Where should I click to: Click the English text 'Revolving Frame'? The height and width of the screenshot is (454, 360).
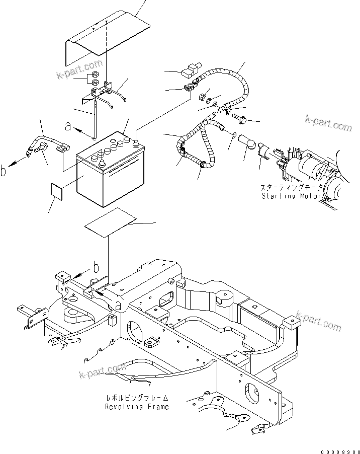click(137, 406)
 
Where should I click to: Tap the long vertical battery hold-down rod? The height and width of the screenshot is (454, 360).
click(94, 118)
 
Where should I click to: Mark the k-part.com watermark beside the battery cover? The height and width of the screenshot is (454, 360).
click(79, 70)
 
